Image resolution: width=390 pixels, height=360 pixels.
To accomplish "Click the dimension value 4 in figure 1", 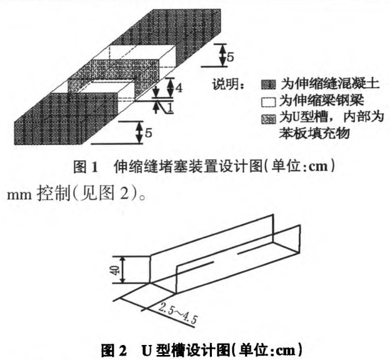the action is [179, 87].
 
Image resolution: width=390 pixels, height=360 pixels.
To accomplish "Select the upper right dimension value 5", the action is [230, 57].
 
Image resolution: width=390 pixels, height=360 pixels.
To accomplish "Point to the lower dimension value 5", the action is [148, 133].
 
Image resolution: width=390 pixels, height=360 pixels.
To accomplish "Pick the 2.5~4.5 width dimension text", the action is [177, 313].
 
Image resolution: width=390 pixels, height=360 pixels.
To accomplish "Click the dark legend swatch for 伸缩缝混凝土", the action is [268, 85].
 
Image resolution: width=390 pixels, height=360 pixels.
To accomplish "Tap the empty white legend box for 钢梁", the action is [268, 102].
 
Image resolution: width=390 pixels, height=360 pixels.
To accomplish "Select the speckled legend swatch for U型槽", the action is [268, 119].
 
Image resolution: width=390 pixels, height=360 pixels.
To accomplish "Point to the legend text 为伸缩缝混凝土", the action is [330, 84].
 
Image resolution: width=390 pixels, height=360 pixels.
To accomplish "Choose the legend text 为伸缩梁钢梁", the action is [322, 101].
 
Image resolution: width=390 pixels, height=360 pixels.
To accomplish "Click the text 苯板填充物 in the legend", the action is [314, 133].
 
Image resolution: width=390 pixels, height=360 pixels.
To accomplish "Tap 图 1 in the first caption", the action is [86, 167].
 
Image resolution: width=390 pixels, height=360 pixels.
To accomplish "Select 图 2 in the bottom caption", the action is [114, 350].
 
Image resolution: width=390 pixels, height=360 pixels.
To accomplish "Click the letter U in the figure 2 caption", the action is [147, 350].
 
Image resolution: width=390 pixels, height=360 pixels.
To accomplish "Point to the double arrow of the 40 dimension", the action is [122, 270].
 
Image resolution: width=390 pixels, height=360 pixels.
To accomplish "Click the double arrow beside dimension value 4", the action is [171, 87].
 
